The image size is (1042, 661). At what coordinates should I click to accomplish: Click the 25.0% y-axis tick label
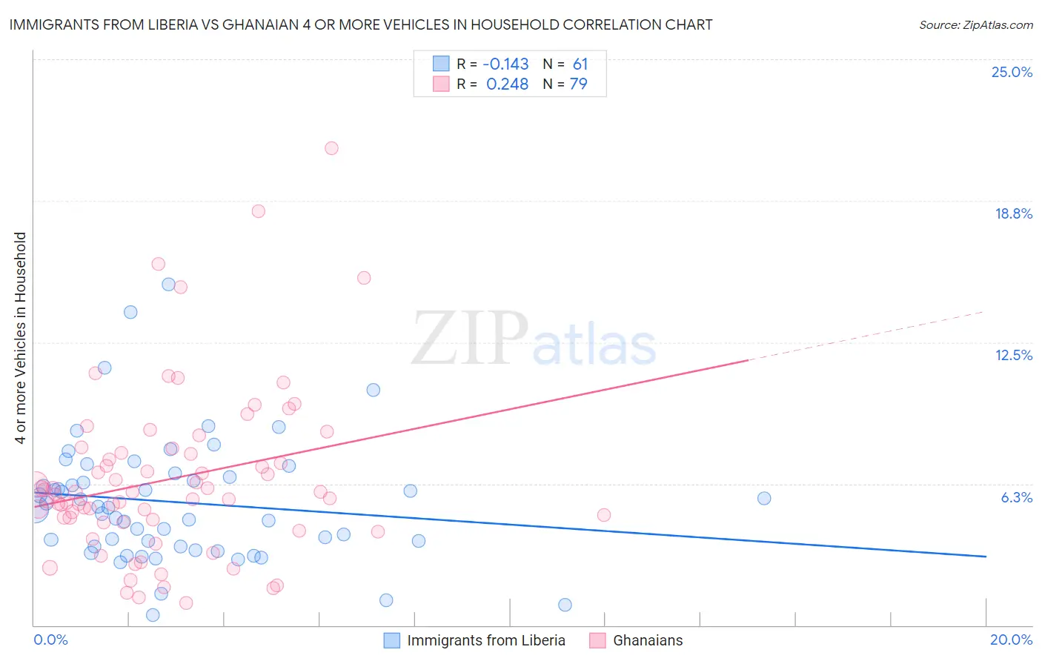[x=1012, y=72]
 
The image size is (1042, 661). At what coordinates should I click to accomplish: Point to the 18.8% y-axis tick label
[x=1013, y=213]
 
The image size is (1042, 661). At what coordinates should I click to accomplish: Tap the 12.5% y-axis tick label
[x=1013, y=355]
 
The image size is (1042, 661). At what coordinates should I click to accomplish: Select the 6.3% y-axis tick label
[x=1016, y=497]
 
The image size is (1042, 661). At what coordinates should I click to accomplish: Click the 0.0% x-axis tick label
[x=50, y=640]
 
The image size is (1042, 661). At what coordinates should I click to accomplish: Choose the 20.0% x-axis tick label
[x=1011, y=640]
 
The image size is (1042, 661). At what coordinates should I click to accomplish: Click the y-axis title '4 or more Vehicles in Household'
[x=20, y=338]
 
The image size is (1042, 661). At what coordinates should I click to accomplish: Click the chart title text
[x=361, y=24]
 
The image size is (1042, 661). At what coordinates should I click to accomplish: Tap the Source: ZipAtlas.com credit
[x=975, y=24]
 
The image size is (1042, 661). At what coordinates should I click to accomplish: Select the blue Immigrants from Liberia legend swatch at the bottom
[x=392, y=640]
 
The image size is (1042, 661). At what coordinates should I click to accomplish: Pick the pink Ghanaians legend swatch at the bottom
[x=597, y=640]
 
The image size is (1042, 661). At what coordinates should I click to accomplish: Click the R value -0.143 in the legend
[x=505, y=64]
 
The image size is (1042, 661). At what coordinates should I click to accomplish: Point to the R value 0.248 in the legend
[x=507, y=84]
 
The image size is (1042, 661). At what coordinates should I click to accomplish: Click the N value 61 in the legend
[x=580, y=64]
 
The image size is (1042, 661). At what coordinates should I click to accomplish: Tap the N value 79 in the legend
[x=578, y=84]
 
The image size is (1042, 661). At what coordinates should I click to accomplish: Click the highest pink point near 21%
[x=331, y=148]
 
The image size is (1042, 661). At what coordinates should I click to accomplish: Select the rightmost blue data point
[x=764, y=498]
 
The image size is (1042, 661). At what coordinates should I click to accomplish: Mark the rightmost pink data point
[x=603, y=515]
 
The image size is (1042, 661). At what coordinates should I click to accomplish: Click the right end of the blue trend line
[x=986, y=556]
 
